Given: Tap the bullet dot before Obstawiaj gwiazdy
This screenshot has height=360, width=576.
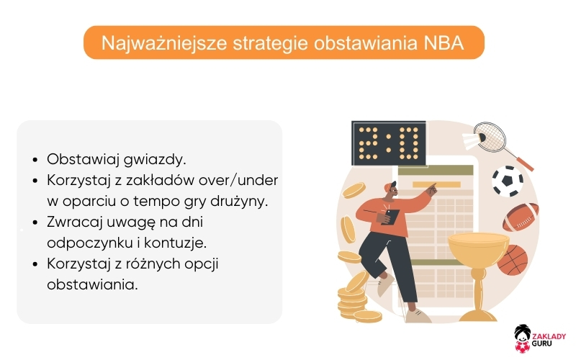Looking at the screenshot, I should [35, 160].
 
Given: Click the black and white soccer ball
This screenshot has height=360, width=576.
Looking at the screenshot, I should [508, 181].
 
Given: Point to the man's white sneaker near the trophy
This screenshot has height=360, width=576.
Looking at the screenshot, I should [415, 315].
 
